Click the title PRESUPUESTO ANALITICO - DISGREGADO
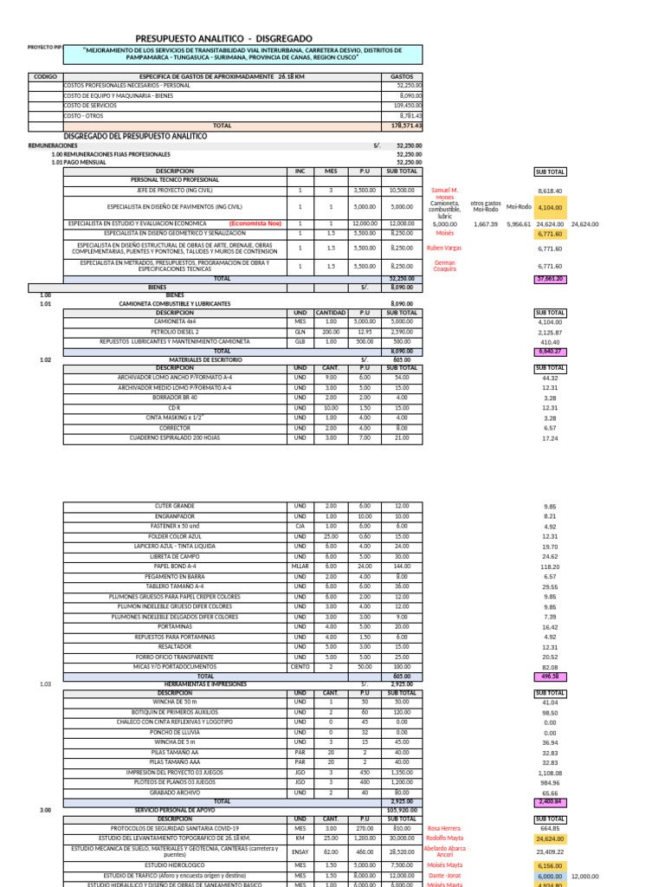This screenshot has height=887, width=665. click(224, 38)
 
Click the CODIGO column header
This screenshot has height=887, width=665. click(45, 77)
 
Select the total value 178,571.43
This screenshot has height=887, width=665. click(406, 126)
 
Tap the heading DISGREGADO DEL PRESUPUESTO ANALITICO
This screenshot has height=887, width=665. click(136, 137)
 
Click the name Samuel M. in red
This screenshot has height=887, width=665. click(444, 190)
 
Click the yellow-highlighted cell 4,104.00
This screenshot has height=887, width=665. click(550, 208)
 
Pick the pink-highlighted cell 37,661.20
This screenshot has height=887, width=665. click(550, 279)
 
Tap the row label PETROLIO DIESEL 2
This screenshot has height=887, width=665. click(175, 332)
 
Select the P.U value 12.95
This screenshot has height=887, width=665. click(365, 332)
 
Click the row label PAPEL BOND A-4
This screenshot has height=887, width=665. click(175, 566)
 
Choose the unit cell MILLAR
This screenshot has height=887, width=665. click(300, 566)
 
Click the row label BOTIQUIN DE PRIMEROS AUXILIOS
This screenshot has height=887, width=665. click(175, 712)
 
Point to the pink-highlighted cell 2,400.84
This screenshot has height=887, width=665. click(550, 802)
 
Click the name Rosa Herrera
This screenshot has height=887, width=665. click(443, 828)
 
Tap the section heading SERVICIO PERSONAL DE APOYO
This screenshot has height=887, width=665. click(175, 810)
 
